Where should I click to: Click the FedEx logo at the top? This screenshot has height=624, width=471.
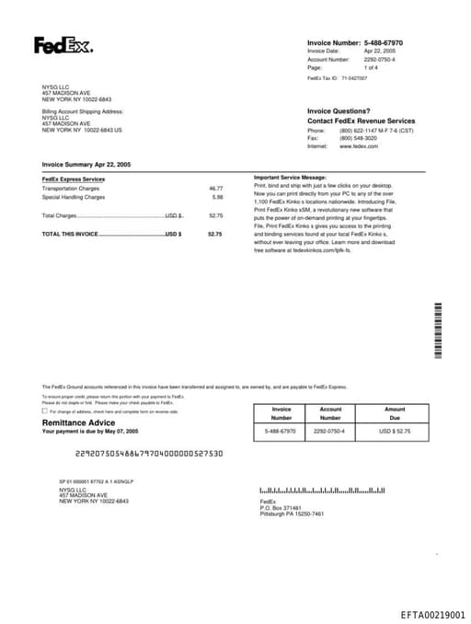click(63, 45)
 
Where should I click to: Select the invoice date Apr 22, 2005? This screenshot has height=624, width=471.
click(379, 51)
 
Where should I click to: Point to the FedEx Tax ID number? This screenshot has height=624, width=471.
click(353, 78)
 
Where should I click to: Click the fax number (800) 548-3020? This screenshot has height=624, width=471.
click(358, 138)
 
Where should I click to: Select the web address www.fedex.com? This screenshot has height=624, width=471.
click(359, 146)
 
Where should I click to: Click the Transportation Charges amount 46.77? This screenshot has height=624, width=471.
click(216, 188)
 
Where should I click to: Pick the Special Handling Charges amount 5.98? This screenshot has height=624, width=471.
click(217, 197)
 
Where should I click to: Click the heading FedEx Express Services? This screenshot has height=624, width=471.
click(74, 179)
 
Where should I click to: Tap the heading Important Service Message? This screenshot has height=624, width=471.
click(290, 177)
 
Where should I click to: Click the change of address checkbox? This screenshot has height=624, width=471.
click(45, 411)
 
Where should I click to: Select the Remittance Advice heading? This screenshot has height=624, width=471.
click(78, 422)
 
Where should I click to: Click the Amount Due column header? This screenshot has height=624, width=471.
click(395, 413)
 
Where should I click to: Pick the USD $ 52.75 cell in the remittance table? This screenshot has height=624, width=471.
click(395, 431)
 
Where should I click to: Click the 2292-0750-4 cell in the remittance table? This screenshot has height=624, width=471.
click(329, 431)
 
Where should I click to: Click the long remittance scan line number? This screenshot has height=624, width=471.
click(148, 453)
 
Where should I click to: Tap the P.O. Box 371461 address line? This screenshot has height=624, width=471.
click(281, 507)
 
